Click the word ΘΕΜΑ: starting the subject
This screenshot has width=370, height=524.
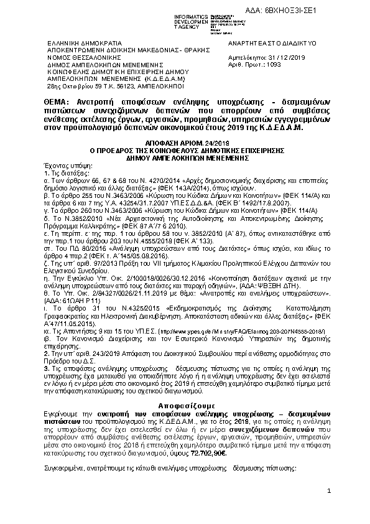(57, 101)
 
